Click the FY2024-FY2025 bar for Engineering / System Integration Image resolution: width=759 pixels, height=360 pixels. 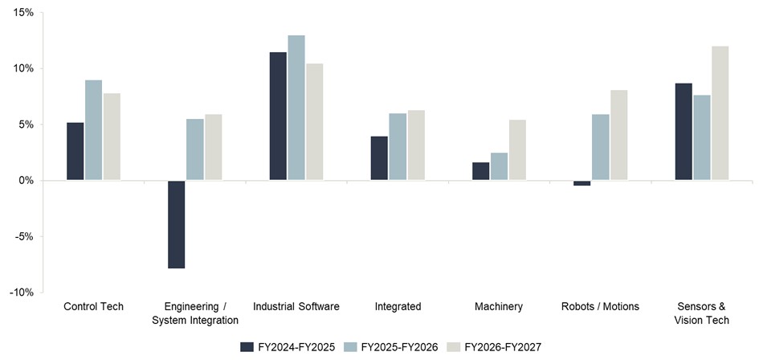(x=177, y=224)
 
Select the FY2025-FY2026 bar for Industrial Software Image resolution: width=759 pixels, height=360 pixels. (x=296, y=108)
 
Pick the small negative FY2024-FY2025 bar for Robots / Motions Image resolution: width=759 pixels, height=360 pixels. (x=581, y=183)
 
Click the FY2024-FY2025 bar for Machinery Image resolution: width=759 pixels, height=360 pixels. (x=480, y=171)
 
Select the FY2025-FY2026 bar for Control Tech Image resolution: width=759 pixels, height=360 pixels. (x=94, y=130)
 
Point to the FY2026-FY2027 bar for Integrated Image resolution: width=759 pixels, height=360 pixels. (x=416, y=145)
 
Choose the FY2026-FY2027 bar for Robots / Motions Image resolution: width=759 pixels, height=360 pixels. (x=618, y=135)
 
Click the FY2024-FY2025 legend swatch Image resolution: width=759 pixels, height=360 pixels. (x=247, y=346)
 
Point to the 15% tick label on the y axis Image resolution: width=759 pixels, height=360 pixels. (x=22, y=14)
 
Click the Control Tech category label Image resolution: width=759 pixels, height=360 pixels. (x=93, y=306)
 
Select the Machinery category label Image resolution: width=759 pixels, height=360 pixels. (x=498, y=306)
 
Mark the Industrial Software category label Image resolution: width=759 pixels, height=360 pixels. (x=296, y=306)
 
